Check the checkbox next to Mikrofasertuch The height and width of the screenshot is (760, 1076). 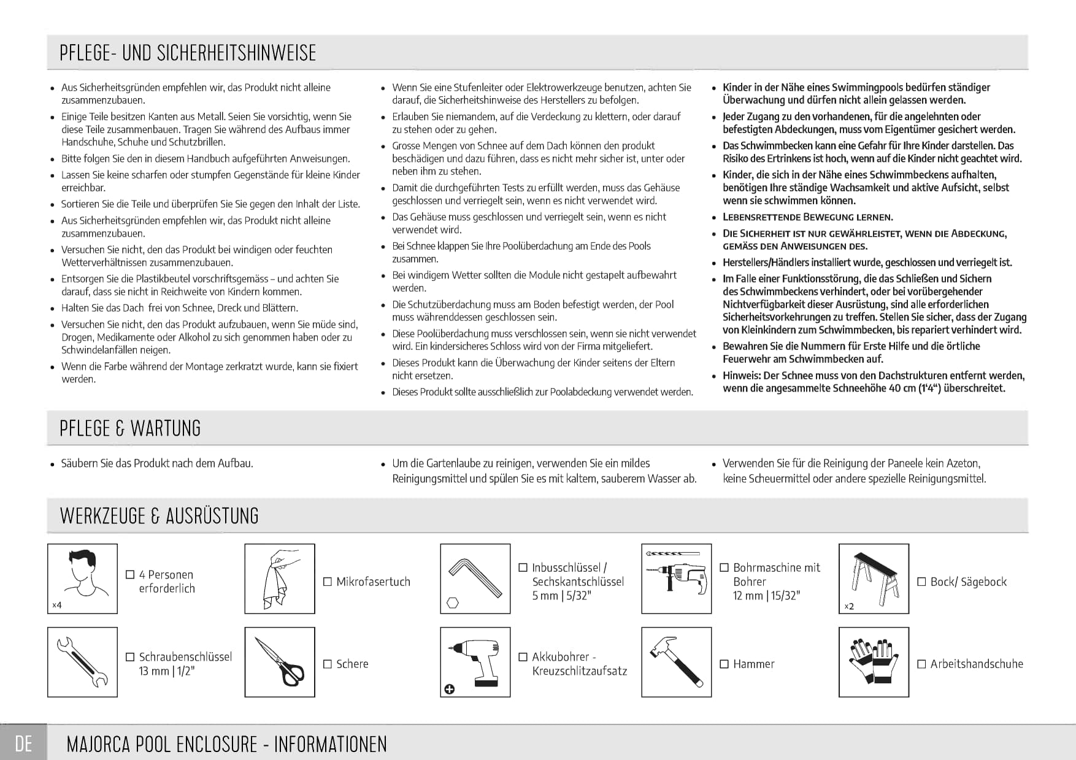pyautogui.click(x=328, y=582)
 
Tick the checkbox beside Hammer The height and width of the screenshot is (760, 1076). pyautogui.click(x=724, y=664)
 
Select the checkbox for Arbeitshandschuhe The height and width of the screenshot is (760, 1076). pyautogui.click(x=921, y=664)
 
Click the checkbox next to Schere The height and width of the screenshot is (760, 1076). pyautogui.click(x=328, y=664)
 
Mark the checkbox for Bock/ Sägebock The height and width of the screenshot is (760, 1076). pyautogui.click(x=921, y=582)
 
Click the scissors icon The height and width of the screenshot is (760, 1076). pyautogui.click(x=280, y=662)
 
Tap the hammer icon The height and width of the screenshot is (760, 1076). pyautogui.click(x=676, y=662)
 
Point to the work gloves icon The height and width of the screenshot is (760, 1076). pyautogui.click(x=874, y=662)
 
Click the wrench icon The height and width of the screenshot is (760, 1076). pyautogui.click(x=82, y=662)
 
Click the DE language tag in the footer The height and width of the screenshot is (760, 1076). pyautogui.click(x=23, y=743)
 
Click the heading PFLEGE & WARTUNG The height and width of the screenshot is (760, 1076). pyautogui.click(x=130, y=428)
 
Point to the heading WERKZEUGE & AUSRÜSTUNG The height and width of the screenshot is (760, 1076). pyautogui.click(x=159, y=515)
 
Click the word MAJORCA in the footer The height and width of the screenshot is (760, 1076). pyautogui.click(x=99, y=744)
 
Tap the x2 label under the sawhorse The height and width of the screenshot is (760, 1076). pyautogui.click(x=849, y=606)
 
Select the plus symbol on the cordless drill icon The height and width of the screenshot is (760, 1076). pyautogui.click(x=450, y=690)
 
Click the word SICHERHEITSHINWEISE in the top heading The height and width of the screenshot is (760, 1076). pyautogui.click(x=237, y=53)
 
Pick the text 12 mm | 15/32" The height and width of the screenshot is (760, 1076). pyautogui.click(x=766, y=596)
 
